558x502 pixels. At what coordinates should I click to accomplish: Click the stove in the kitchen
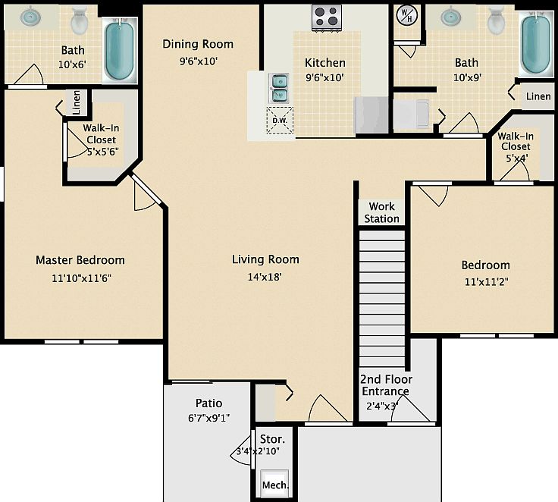(x=327, y=16)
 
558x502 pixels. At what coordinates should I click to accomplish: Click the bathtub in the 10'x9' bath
(x=535, y=44)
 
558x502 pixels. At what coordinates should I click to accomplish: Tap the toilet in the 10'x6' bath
(x=79, y=22)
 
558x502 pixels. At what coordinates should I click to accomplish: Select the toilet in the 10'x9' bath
(x=497, y=21)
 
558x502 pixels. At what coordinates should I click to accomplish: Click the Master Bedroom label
(x=80, y=260)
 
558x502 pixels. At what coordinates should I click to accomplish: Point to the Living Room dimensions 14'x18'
(x=265, y=277)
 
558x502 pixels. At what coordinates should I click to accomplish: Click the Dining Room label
(x=198, y=44)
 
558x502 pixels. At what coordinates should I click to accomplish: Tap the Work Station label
(x=381, y=212)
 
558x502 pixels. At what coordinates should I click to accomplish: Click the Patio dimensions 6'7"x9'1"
(x=208, y=418)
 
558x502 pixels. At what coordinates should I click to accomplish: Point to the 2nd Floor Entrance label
(x=384, y=385)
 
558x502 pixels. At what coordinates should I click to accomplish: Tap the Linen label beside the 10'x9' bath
(x=538, y=96)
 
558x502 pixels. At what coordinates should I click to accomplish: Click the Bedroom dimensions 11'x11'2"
(x=485, y=282)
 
